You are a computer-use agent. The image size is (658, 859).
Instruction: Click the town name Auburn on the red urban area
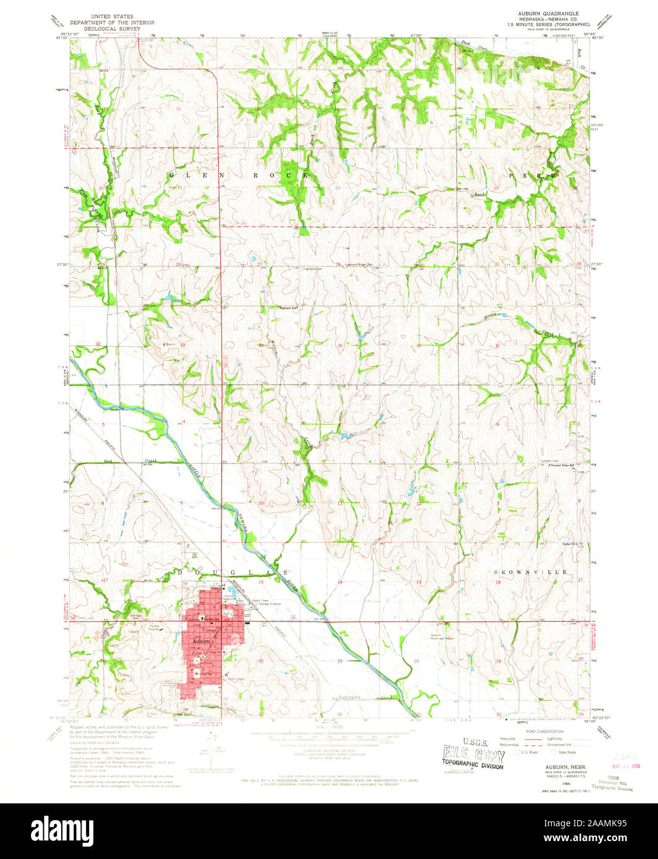(200, 641)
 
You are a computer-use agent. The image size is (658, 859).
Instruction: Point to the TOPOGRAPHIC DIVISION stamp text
(473, 766)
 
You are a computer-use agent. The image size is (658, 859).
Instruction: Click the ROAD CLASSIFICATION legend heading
(544, 730)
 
